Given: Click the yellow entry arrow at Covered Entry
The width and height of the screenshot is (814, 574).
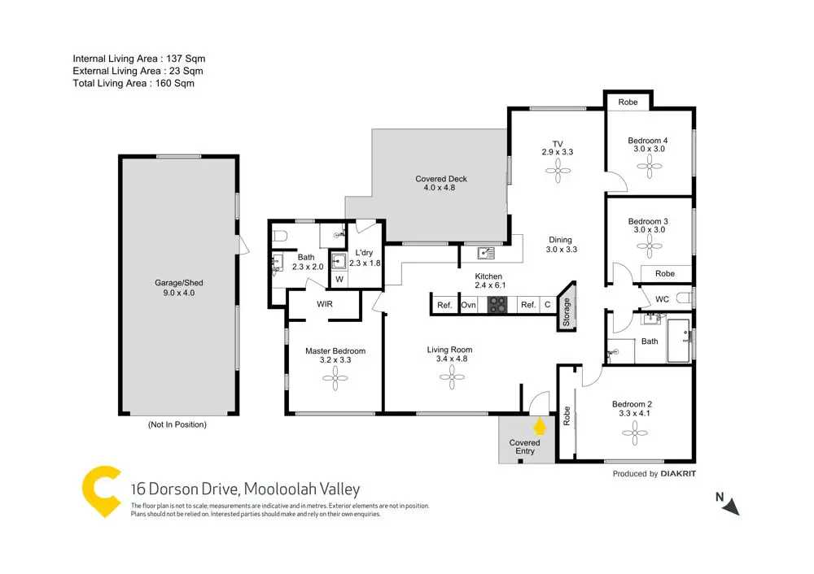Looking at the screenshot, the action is click(540, 426).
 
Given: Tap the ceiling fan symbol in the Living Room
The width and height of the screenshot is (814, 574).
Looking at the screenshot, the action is click(452, 377).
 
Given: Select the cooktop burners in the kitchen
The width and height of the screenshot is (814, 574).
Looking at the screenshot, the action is click(497, 304).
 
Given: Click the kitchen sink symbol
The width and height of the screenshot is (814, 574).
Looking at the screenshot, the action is click(485, 253).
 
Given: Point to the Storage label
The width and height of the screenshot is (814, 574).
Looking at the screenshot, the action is click(567, 311).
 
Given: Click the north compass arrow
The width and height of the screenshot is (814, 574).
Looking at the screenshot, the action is click(732, 507).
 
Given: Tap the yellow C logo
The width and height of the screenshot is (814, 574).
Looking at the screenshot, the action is click(102, 491).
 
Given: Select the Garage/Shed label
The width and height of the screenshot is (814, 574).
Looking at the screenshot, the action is click(178, 283).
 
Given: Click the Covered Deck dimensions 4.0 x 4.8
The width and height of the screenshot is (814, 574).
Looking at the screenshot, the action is click(440, 188).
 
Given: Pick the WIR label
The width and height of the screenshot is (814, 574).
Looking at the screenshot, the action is click(325, 304).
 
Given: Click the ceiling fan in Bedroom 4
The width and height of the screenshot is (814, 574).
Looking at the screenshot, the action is click(650, 167).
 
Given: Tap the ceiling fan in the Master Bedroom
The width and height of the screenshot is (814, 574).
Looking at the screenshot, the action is click(335, 378).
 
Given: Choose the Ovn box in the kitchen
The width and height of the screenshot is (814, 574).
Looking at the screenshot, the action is click(468, 305).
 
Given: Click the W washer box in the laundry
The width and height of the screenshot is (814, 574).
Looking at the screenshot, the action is click(339, 279).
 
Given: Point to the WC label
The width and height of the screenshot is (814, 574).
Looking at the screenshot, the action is click(662, 299).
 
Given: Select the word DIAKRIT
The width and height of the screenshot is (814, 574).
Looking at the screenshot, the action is click(678, 473).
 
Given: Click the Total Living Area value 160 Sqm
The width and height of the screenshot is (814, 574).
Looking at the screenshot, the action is click(175, 83).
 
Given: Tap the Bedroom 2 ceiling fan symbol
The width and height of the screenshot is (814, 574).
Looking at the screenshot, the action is click(634, 433).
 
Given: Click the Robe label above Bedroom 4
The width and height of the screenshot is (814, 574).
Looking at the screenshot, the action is click(628, 102).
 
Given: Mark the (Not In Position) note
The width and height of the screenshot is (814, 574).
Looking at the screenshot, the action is click(177, 424).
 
